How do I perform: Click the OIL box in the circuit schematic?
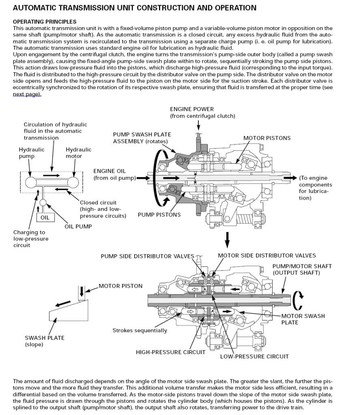coord(45,217)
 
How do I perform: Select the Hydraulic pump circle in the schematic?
coord(30,181)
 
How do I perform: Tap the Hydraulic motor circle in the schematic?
coord(73,181)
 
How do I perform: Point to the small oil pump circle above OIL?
coord(43,202)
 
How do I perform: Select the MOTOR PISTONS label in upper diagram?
coord(267,138)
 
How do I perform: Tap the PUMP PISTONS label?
coord(159,215)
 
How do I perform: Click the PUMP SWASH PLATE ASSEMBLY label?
coord(142,138)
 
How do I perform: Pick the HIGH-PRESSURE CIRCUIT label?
coord(170,352)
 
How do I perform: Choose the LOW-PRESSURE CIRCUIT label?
coord(254,356)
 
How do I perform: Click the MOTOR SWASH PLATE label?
coord(303,319)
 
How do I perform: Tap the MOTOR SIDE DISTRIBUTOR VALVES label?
coord(267,256)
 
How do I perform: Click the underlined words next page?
coord(27,94)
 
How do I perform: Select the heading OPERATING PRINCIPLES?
coord(45,22)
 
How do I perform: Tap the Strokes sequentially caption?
coord(140,330)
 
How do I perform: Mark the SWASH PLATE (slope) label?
coord(45,341)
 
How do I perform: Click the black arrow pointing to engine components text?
coord(290,178)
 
